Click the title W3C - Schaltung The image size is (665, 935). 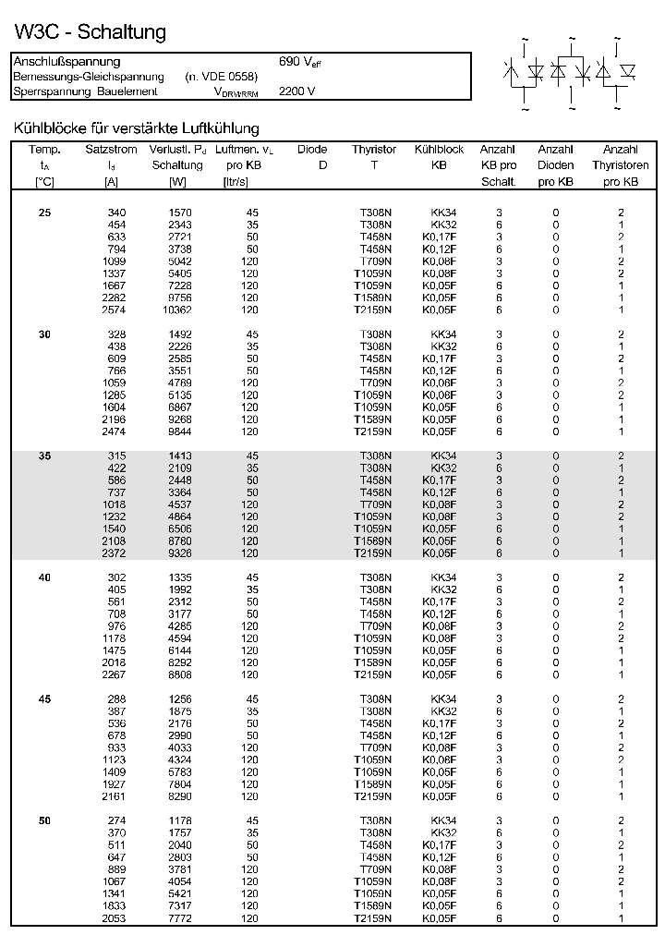[91, 32]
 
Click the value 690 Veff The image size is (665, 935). [300, 62]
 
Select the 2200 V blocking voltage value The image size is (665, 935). [296, 91]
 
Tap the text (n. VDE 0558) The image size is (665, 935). [221, 77]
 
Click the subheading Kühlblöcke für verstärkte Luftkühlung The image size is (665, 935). [136, 128]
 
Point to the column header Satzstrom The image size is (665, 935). [111, 150]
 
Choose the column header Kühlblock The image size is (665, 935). [439, 150]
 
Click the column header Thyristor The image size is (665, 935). [374, 150]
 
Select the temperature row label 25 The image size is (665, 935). [45, 213]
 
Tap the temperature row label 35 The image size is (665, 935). [45, 456]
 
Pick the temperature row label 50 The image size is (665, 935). [45, 820]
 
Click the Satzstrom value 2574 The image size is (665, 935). [115, 310]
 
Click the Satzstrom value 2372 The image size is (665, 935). [115, 553]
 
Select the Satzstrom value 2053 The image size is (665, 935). [115, 917]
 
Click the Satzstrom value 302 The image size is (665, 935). [117, 577]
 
